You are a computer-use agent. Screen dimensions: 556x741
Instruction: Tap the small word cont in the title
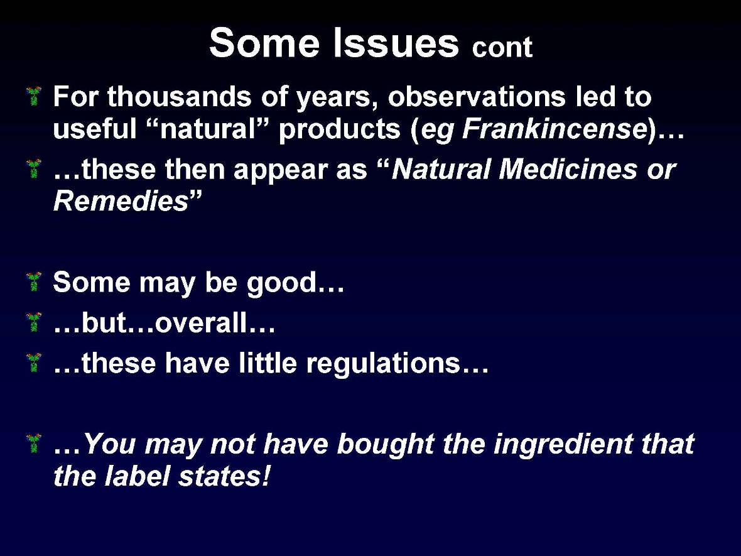click(502, 48)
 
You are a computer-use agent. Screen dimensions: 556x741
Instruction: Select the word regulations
click(384, 364)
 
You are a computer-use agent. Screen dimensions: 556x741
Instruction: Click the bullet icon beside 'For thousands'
click(35, 97)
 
